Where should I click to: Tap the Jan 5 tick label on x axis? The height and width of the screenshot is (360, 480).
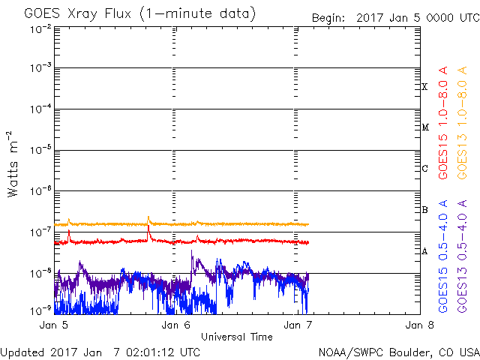[54, 325]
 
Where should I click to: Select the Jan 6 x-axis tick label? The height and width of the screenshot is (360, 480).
[174, 325]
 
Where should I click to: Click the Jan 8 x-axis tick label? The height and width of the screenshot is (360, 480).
[418, 325]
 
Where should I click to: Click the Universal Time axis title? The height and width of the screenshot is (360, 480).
[236, 337]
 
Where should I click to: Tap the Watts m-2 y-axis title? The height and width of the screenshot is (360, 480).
[13, 163]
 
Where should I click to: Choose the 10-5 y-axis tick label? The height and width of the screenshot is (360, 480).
[40, 150]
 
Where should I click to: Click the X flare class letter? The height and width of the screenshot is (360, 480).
[424, 87]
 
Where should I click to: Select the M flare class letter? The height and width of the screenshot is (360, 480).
[424, 127]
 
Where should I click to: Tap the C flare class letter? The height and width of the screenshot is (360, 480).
[424, 169]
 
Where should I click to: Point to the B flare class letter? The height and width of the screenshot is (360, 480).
[424, 210]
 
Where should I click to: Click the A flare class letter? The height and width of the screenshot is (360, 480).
[424, 251]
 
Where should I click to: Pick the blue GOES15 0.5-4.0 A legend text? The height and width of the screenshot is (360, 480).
[443, 256]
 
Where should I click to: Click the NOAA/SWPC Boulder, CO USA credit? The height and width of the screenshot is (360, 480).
[398, 352]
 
